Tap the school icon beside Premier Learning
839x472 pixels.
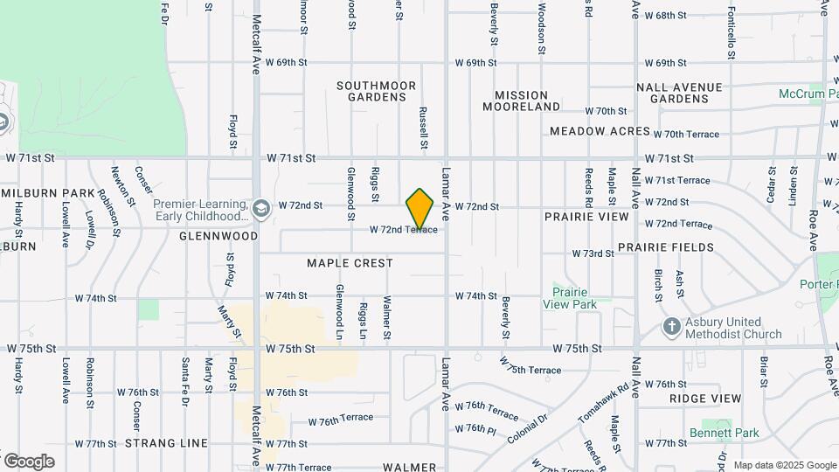[x=261, y=209]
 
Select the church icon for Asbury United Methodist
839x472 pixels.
[x=672, y=328]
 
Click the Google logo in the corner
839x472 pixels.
[x=29, y=461]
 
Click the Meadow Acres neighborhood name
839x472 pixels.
[x=600, y=131]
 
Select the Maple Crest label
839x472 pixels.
[x=350, y=263]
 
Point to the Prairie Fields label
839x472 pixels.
[x=666, y=247]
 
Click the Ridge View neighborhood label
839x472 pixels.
[x=704, y=399]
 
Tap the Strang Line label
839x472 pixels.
[x=166, y=443]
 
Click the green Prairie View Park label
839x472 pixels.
[x=568, y=299]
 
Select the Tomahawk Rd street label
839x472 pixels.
[x=603, y=403]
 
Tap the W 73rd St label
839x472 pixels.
[x=593, y=253]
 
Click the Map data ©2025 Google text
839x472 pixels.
[x=784, y=465]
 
